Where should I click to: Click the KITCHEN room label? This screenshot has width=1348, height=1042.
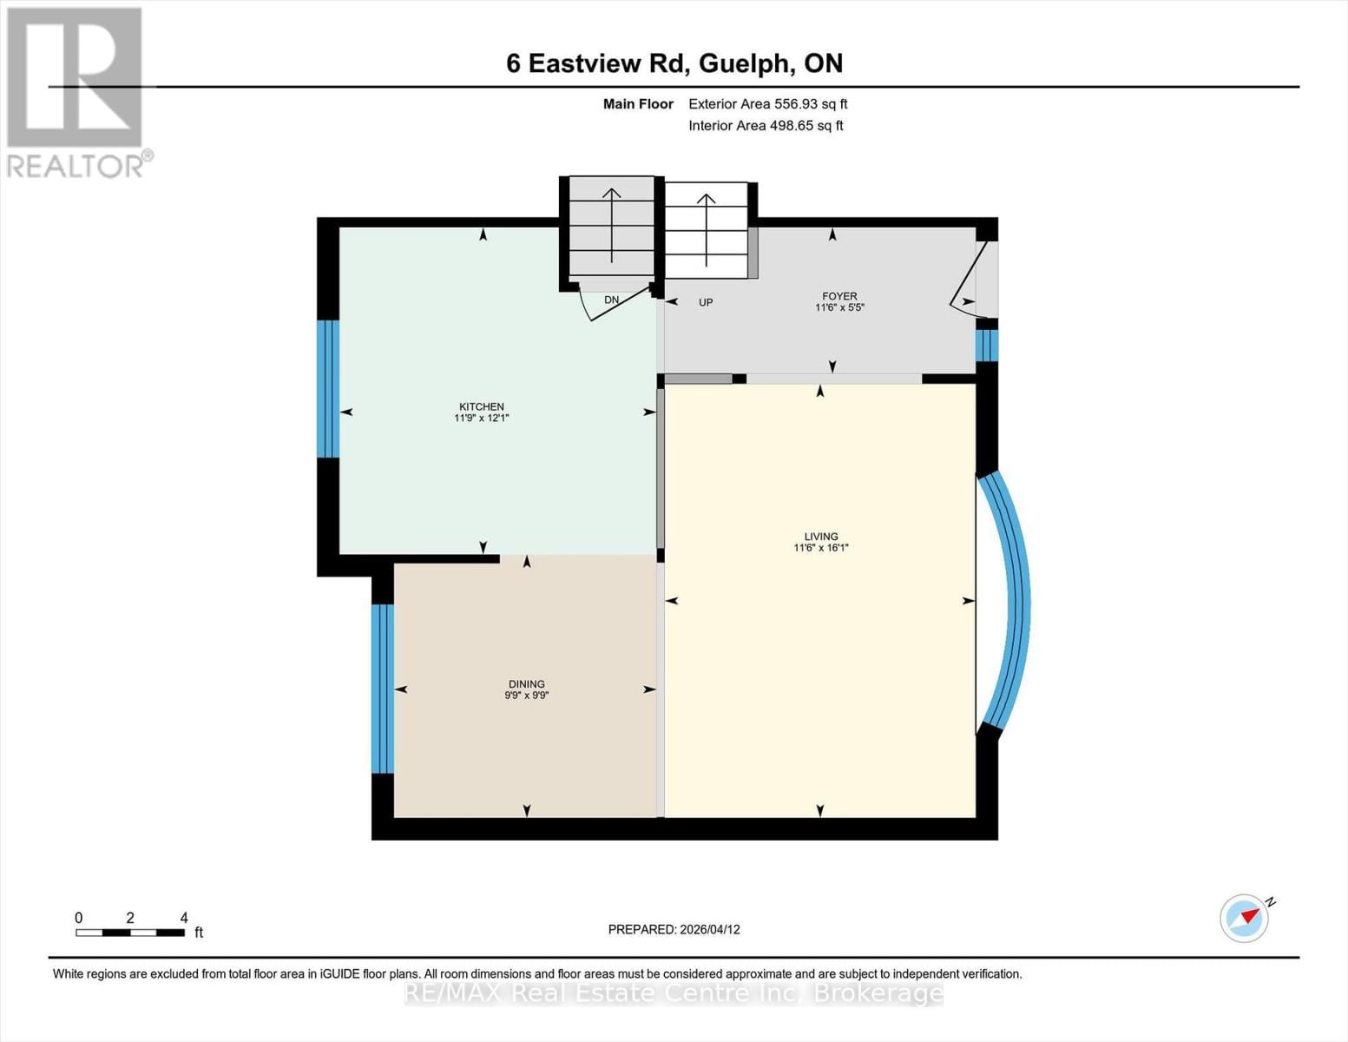click(x=481, y=407)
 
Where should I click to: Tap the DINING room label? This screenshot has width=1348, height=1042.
click(x=526, y=684)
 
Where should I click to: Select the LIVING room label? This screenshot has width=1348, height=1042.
click(x=820, y=537)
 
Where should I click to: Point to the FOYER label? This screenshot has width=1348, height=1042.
click(x=839, y=296)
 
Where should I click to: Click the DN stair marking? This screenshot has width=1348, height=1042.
click(x=611, y=300)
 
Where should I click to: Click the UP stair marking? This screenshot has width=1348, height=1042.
click(x=706, y=303)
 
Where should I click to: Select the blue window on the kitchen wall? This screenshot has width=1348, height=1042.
click(x=327, y=388)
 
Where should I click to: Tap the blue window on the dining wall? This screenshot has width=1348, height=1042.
click(x=382, y=688)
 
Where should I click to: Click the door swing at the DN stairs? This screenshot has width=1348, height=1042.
click(x=618, y=304)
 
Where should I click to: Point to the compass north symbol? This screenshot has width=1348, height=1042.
click(x=1246, y=918)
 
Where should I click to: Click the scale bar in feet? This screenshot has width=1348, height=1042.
click(x=130, y=933)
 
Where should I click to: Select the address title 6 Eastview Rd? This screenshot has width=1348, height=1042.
click(x=674, y=63)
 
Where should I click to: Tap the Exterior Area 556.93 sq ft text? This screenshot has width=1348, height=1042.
click(x=767, y=104)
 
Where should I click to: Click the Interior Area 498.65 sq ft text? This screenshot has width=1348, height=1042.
click(x=766, y=126)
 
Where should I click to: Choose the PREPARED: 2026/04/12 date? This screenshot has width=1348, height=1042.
click(x=674, y=929)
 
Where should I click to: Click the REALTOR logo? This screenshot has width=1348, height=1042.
click(x=76, y=91)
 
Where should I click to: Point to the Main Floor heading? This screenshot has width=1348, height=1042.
click(x=638, y=104)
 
